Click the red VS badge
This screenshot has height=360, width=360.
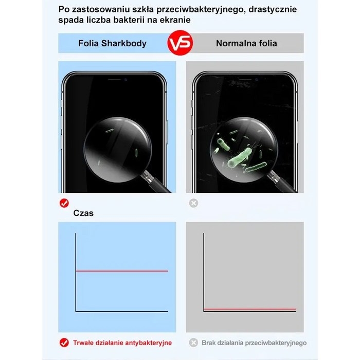(180, 43)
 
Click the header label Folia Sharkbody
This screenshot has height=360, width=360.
(112, 43)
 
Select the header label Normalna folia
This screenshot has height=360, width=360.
(246, 43)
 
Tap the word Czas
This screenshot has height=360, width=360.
(83, 213)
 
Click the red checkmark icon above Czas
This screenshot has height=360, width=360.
(64, 203)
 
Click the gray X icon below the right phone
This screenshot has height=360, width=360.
(193, 203)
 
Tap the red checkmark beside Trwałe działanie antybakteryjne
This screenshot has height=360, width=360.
(64, 343)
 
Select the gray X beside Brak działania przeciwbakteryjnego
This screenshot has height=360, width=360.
(193, 343)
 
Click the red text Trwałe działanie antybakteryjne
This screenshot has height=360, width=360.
(122, 343)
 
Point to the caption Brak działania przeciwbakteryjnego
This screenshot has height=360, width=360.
(254, 343)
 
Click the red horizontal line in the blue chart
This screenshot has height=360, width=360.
(122, 271)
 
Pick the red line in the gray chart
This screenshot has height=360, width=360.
(250, 309)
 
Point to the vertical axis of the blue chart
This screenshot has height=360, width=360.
(76, 272)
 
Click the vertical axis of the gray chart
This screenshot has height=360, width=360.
(204, 272)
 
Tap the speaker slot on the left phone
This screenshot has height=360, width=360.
(114, 79)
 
